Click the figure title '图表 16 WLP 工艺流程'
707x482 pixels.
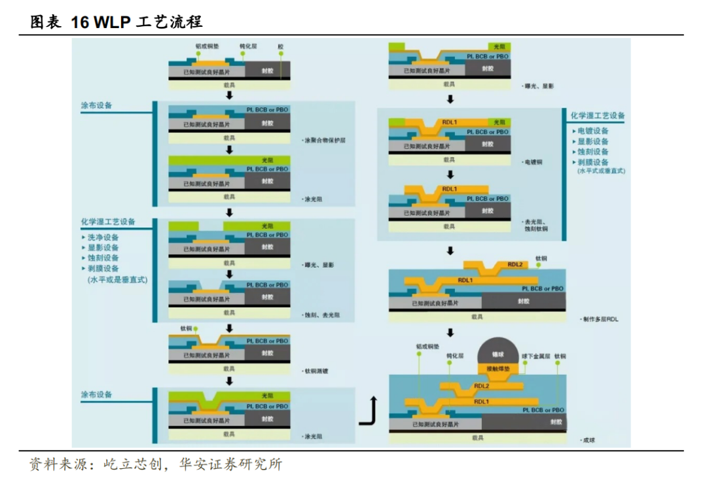click(x=117, y=22)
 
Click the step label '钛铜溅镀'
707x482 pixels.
click(x=317, y=371)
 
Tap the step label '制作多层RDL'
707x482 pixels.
click(x=600, y=319)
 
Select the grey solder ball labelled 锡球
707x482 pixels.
click(x=499, y=353)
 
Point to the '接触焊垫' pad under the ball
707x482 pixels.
click(x=499, y=370)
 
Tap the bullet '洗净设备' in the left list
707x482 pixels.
click(x=103, y=237)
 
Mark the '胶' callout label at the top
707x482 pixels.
click(x=281, y=47)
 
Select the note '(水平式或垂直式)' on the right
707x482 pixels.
click(x=601, y=171)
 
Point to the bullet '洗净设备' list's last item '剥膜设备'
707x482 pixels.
click(x=103, y=269)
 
